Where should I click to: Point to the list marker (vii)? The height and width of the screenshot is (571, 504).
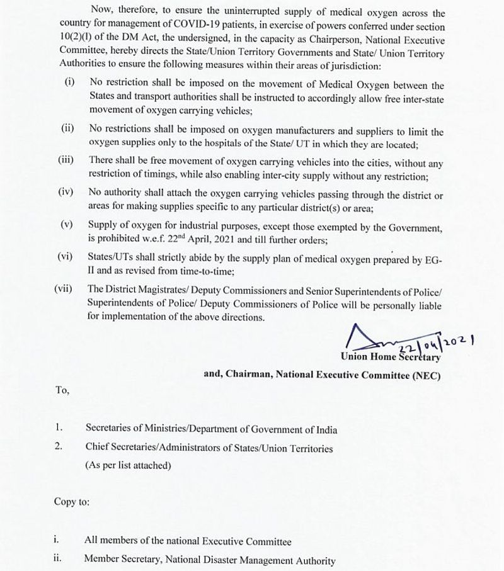tap(64, 289)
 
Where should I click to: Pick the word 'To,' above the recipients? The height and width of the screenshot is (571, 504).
tap(62, 390)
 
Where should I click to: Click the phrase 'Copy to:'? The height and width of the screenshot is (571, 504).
tap(72, 503)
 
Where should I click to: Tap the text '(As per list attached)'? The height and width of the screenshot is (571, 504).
tap(129, 466)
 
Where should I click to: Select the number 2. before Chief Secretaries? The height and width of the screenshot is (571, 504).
tap(59, 448)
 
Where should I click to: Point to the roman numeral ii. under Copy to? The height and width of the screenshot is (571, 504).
tap(57, 560)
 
